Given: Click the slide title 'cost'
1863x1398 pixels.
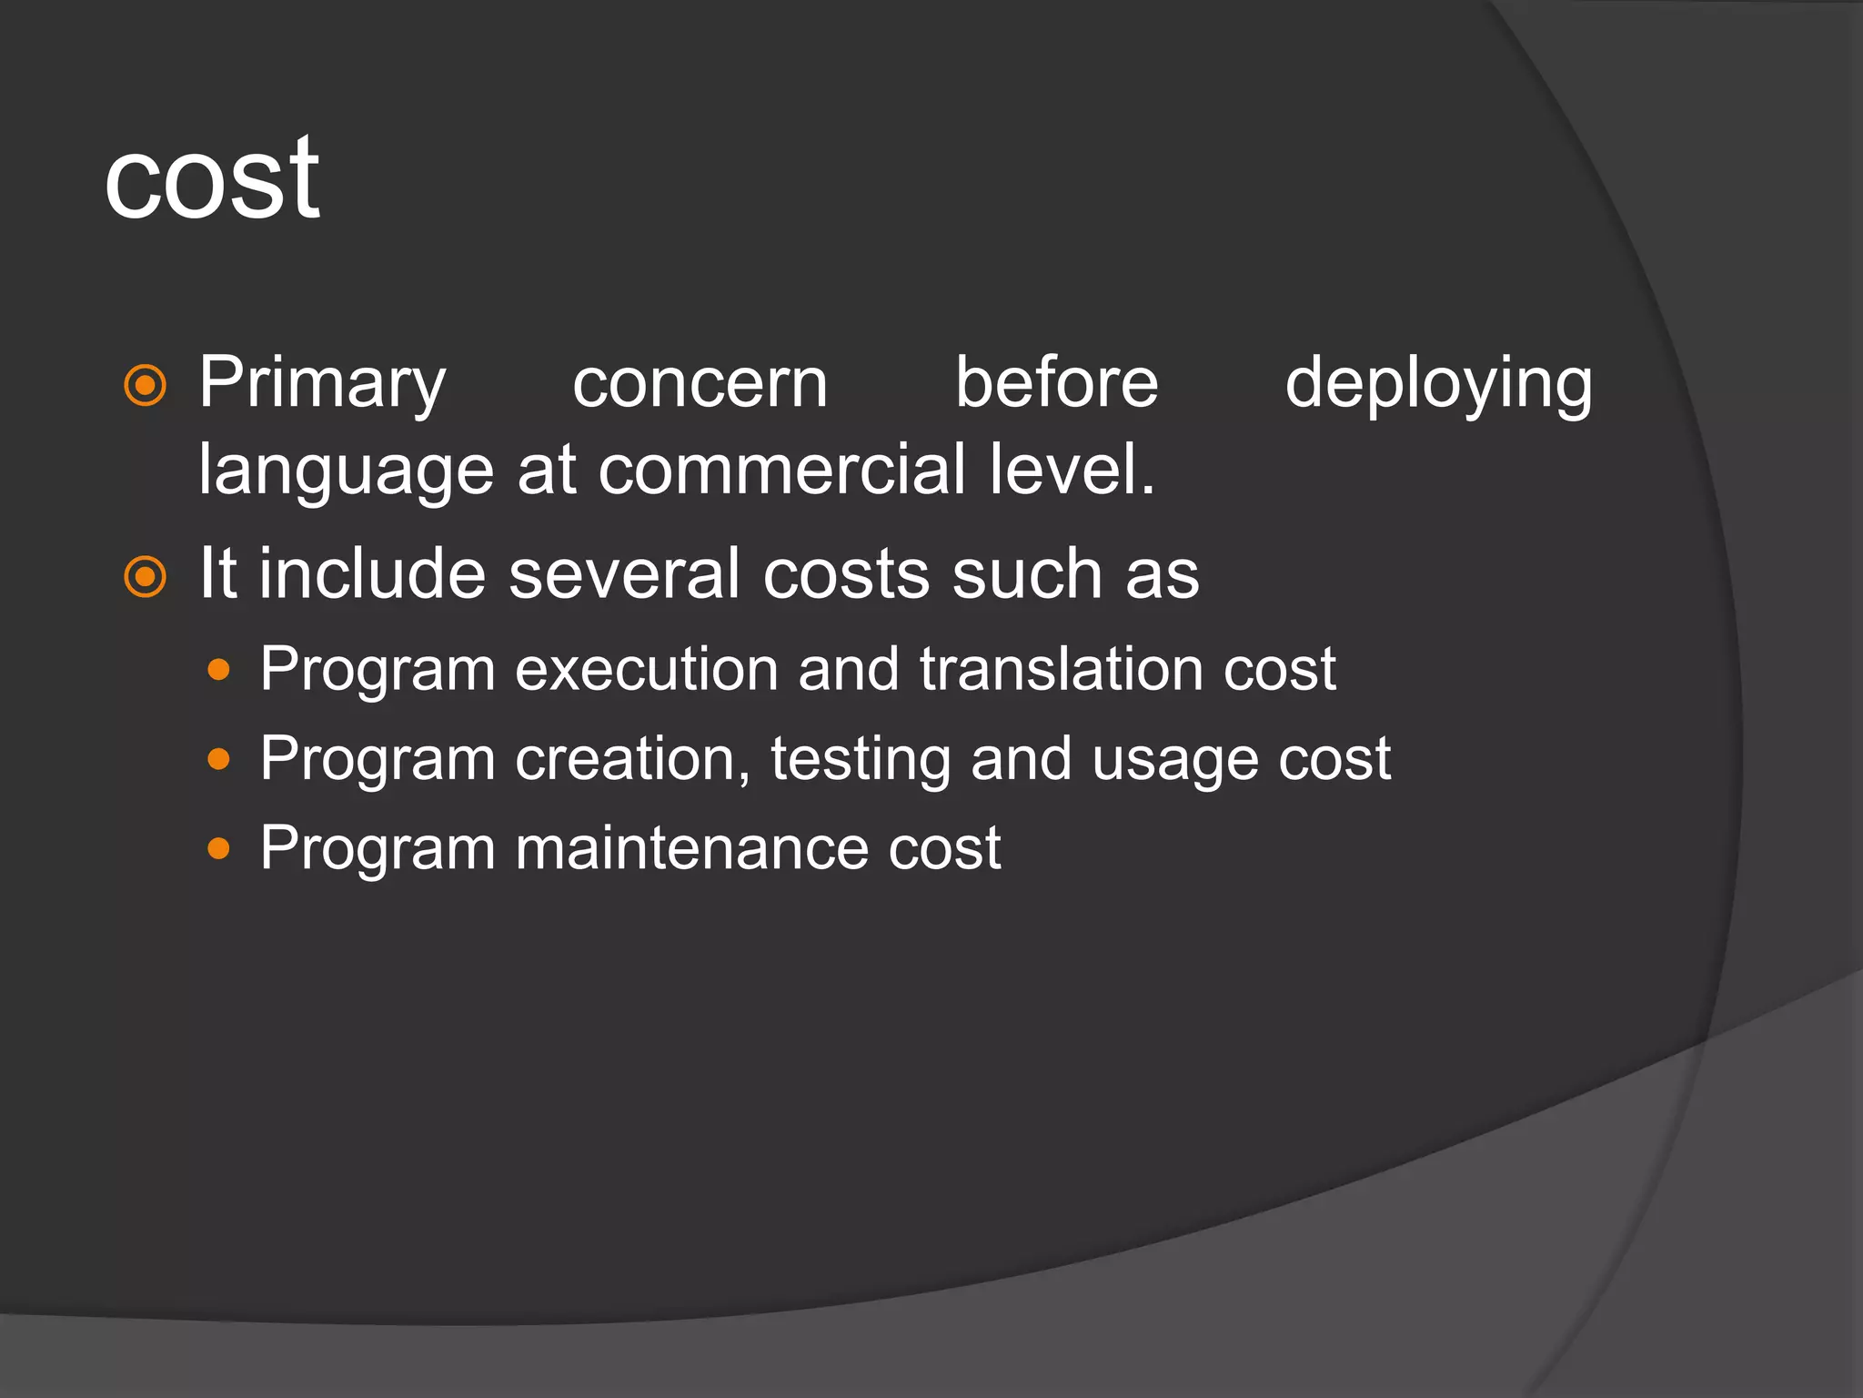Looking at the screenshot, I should coord(212,179).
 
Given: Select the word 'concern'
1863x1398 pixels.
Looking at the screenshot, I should coord(700,384).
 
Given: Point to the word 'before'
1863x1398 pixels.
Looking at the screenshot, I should coord(1056,382).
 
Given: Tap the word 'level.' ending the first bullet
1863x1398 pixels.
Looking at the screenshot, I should coord(1072,470).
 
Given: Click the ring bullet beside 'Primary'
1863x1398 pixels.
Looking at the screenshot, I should coord(146,386).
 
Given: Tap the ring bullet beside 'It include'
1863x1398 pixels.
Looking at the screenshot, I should coord(146,577).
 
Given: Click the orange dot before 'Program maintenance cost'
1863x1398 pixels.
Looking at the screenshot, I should coord(218,849).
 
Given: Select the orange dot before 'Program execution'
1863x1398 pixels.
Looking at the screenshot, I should coord(218,671).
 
